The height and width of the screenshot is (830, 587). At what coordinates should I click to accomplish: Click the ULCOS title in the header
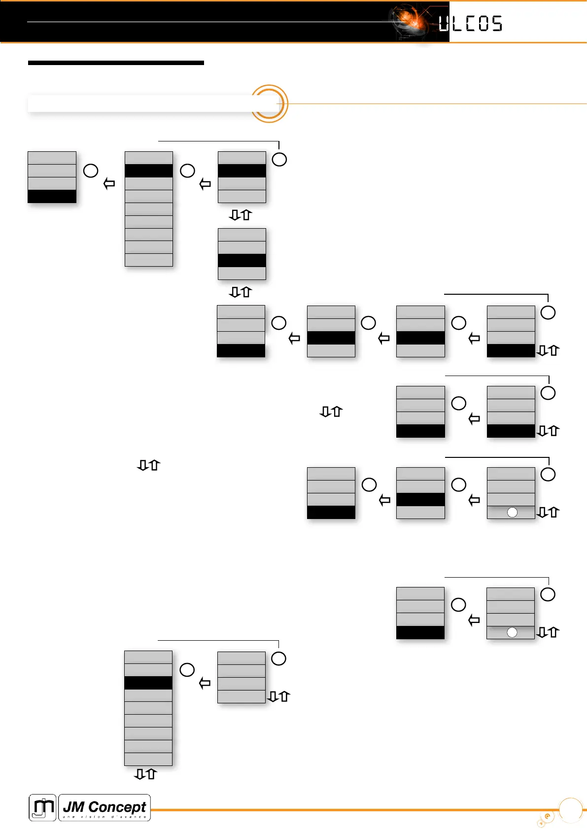[x=470, y=24]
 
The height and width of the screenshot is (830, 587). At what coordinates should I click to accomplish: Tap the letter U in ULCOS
[x=444, y=24]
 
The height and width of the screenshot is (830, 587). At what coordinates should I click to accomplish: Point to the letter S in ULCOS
[x=496, y=24]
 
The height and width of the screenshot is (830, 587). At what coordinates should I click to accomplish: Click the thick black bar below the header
[x=116, y=63]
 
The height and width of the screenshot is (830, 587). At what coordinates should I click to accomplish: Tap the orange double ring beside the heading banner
[x=269, y=104]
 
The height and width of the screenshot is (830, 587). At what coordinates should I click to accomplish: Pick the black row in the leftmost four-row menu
[x=52, y=196]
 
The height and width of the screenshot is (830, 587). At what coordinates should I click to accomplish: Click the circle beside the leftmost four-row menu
[x=91, y=171]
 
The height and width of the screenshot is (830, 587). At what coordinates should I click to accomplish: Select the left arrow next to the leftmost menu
[x=109, y=184]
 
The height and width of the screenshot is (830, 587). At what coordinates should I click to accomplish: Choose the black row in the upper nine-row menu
[x=149, y=171]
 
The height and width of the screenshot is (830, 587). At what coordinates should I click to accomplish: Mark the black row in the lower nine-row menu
[x=148, y=683]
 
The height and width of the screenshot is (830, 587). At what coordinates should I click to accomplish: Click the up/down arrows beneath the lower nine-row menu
[x=145, y=774]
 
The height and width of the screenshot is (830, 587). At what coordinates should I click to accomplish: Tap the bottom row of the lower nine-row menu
[x=148, y=759]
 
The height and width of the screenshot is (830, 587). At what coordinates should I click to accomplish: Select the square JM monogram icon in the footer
[x=42, y=807]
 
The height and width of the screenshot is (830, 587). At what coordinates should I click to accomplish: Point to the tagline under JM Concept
[x=104, y=817]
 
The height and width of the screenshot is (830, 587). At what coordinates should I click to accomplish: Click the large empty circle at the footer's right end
[x=571, y=810]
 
